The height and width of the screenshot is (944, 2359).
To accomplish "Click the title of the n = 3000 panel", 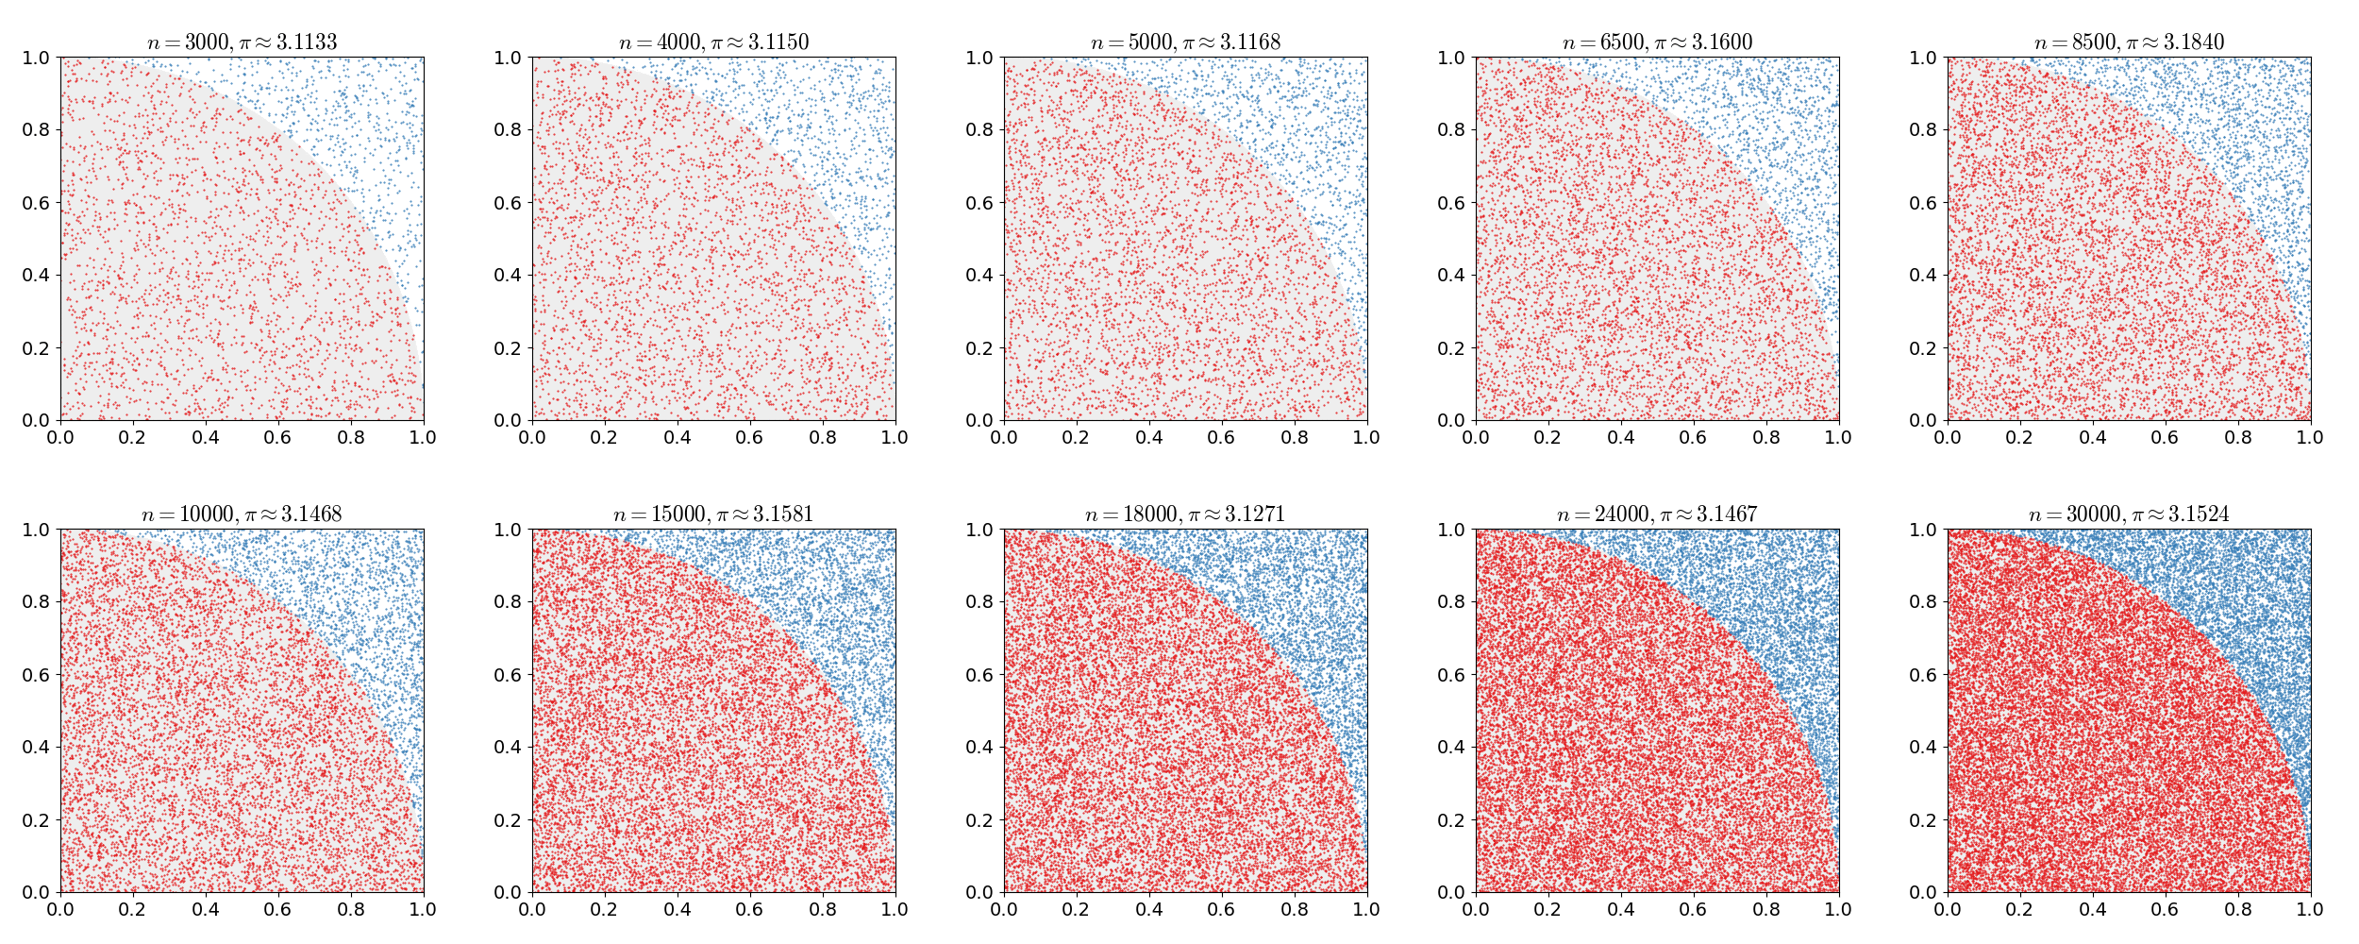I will pos(242,42).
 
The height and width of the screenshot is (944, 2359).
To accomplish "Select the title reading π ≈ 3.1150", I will pos(713,42).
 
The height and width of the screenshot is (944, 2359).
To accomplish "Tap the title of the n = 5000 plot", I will pos(1185,42).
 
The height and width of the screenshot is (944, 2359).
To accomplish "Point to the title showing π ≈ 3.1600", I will pos(1657,42).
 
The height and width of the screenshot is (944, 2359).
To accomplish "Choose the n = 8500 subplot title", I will pos(2129,42).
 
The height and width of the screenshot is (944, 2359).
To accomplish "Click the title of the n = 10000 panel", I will pos(242,514).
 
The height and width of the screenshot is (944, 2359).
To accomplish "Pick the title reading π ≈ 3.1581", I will pos(713,514).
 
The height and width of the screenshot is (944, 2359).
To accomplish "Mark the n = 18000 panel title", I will pos(1185,514).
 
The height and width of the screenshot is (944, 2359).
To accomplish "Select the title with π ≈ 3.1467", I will pos(1657,514).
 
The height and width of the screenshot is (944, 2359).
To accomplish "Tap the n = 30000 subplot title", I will pos(2129,514).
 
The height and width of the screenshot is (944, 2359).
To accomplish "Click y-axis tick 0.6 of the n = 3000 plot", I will pos(36,203).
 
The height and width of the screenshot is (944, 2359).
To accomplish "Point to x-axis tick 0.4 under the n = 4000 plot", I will pos(678,437).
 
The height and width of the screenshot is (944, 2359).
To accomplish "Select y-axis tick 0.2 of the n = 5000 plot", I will pos(979,348).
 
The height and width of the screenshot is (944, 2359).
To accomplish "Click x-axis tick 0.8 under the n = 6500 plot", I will pos(1766,437).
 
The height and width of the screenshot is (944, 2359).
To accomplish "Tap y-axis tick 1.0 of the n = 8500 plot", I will pos(1923,58).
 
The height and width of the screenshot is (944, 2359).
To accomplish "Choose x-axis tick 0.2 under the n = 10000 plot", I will pos(133,909).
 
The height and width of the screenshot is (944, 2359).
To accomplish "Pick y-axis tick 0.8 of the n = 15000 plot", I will pos(508,602).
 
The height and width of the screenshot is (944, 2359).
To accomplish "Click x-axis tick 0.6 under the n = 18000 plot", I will pos(1222,909).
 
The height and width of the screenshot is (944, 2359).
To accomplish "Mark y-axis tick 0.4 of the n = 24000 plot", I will pos(1451,748).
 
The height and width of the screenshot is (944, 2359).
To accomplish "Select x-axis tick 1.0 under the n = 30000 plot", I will pos(2310,909).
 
